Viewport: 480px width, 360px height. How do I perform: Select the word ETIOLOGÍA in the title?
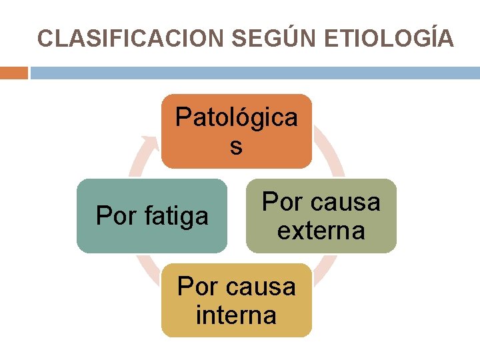click(389, 38)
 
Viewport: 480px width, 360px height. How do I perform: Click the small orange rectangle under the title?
click(13, 73)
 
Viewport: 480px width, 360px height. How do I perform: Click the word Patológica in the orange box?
click(237, 117)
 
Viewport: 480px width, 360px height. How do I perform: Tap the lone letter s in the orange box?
click(236, 146)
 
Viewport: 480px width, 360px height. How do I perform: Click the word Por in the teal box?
click(115, 216)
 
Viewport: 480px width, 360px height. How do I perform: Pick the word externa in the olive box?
click(321, 231)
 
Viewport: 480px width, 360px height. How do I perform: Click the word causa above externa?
click(345, 202)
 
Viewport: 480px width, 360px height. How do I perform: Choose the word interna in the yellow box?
click(236, 315)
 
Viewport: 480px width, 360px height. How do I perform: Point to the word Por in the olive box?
click(281, 202)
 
